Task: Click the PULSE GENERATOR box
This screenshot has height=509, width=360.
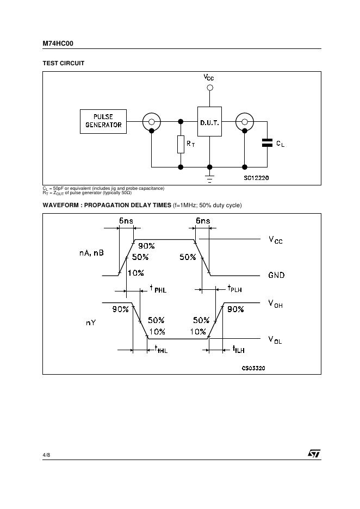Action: [103, 121]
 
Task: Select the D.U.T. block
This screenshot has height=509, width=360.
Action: [209, 122]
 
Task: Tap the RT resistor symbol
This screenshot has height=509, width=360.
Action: [181, 144]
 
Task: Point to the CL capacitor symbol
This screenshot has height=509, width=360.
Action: [267, 143]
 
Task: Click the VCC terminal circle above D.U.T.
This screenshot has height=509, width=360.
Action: [209, 88]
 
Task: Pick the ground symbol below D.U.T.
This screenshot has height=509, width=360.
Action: [209, 177]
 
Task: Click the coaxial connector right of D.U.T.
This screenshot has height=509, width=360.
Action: [245, 122]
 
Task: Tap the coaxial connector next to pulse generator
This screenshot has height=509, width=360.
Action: [152, 122]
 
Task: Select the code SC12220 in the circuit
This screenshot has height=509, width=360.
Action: [256, 178]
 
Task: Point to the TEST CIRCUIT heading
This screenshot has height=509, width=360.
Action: [64, 63]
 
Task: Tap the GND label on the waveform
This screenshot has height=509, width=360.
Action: [276, 275]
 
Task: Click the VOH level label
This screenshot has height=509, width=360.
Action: [276, 304]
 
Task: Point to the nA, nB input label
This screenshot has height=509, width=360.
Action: [91, 253]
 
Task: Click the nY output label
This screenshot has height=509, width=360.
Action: [91, 322]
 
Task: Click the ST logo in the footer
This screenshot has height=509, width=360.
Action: [314, 454]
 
